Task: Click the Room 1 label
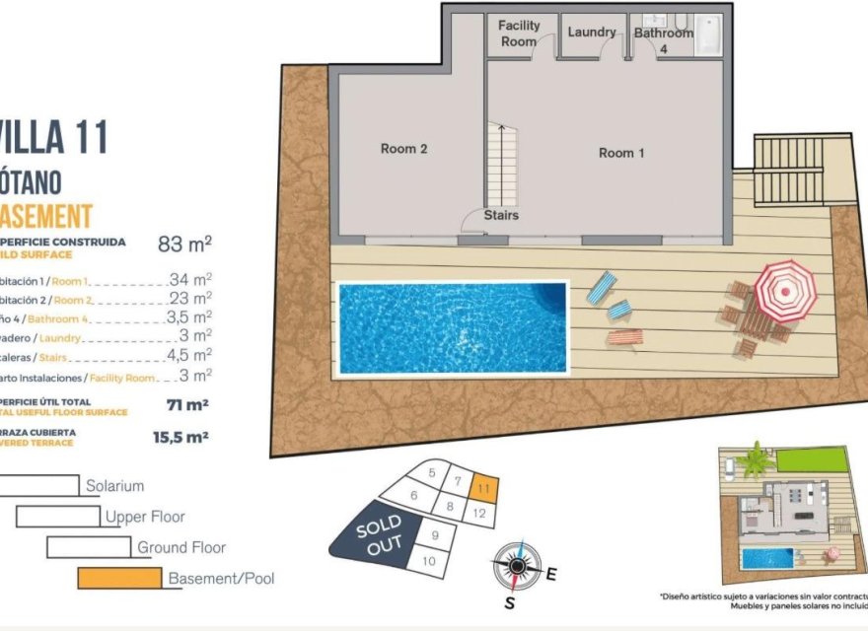tap(621, 153)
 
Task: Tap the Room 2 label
tap(403, 149)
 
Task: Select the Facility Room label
tap(519, 34)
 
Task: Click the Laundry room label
tap(592, 33)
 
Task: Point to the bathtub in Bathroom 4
tap(708, 35)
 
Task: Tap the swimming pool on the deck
tap(453, 326)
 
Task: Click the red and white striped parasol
tap(785, 289)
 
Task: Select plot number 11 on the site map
tap(482, 487)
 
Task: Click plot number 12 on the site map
tap(479, 513)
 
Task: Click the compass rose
tap(517, 565)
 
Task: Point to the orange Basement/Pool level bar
tap(119, 578)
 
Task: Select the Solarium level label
tap(114, 486)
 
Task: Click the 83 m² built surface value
tap(185, 244)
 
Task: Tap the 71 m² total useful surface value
tap(187, 404)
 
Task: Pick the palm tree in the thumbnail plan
tap(757, 459)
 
